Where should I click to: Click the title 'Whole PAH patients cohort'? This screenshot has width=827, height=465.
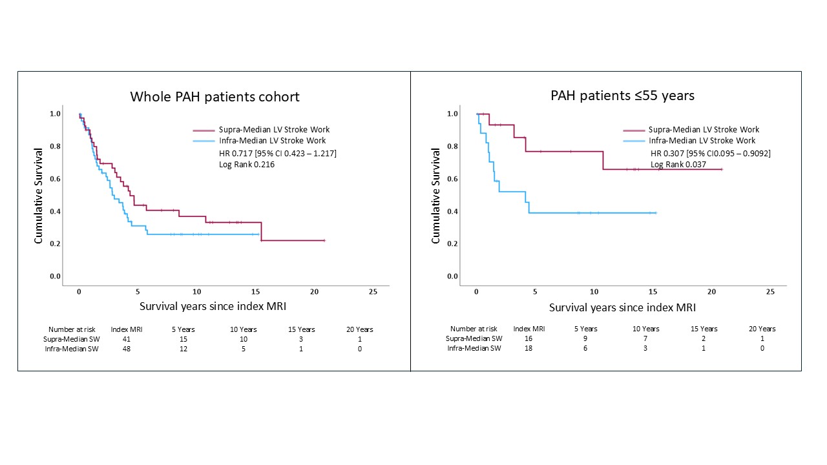tap(215, 97)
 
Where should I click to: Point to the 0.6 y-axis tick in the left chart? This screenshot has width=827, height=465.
tap(55, 179)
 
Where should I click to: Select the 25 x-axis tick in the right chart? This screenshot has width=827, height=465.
tap(769, 292)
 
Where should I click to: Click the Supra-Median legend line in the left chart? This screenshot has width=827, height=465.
tap(203, 130)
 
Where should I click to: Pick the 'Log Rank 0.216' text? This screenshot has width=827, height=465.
tap(246, 165)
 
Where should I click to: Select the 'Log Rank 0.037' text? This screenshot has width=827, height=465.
tap(676, 165)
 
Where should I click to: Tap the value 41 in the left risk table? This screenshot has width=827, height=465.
tap(127, 339)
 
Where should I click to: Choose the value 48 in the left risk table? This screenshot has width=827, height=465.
tap(127, 349)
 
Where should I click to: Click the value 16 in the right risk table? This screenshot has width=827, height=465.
tap(529, 338)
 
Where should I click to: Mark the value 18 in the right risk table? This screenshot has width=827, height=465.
tap(529, 349)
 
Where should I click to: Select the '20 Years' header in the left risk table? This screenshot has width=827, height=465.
tap(359, 329)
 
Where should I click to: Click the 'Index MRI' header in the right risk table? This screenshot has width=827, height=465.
tap(529, 329)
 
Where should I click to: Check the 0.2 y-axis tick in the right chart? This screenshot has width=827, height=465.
tap(452, 244)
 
